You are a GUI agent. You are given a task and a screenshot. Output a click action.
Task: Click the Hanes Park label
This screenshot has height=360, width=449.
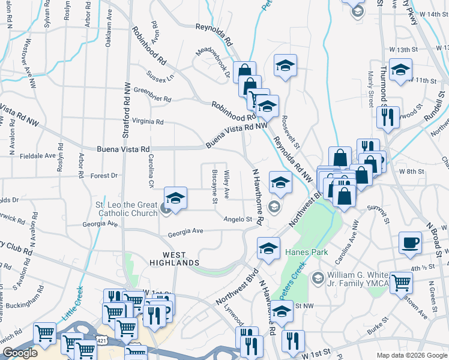[307, 252]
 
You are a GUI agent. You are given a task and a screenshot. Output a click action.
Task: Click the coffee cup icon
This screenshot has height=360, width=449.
[411, 242]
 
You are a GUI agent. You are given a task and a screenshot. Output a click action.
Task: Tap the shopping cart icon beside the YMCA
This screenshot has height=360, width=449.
[401, 282]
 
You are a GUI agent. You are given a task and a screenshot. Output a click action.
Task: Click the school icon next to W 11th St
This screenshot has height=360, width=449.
[400, 70]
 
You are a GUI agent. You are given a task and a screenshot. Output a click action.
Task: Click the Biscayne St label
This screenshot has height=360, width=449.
[214, 185]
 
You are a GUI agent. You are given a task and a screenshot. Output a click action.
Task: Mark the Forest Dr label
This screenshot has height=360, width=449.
[104, 176]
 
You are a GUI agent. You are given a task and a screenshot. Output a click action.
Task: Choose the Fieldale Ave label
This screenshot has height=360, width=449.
[37, 155]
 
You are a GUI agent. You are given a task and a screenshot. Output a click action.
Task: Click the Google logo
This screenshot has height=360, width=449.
[20, 353]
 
